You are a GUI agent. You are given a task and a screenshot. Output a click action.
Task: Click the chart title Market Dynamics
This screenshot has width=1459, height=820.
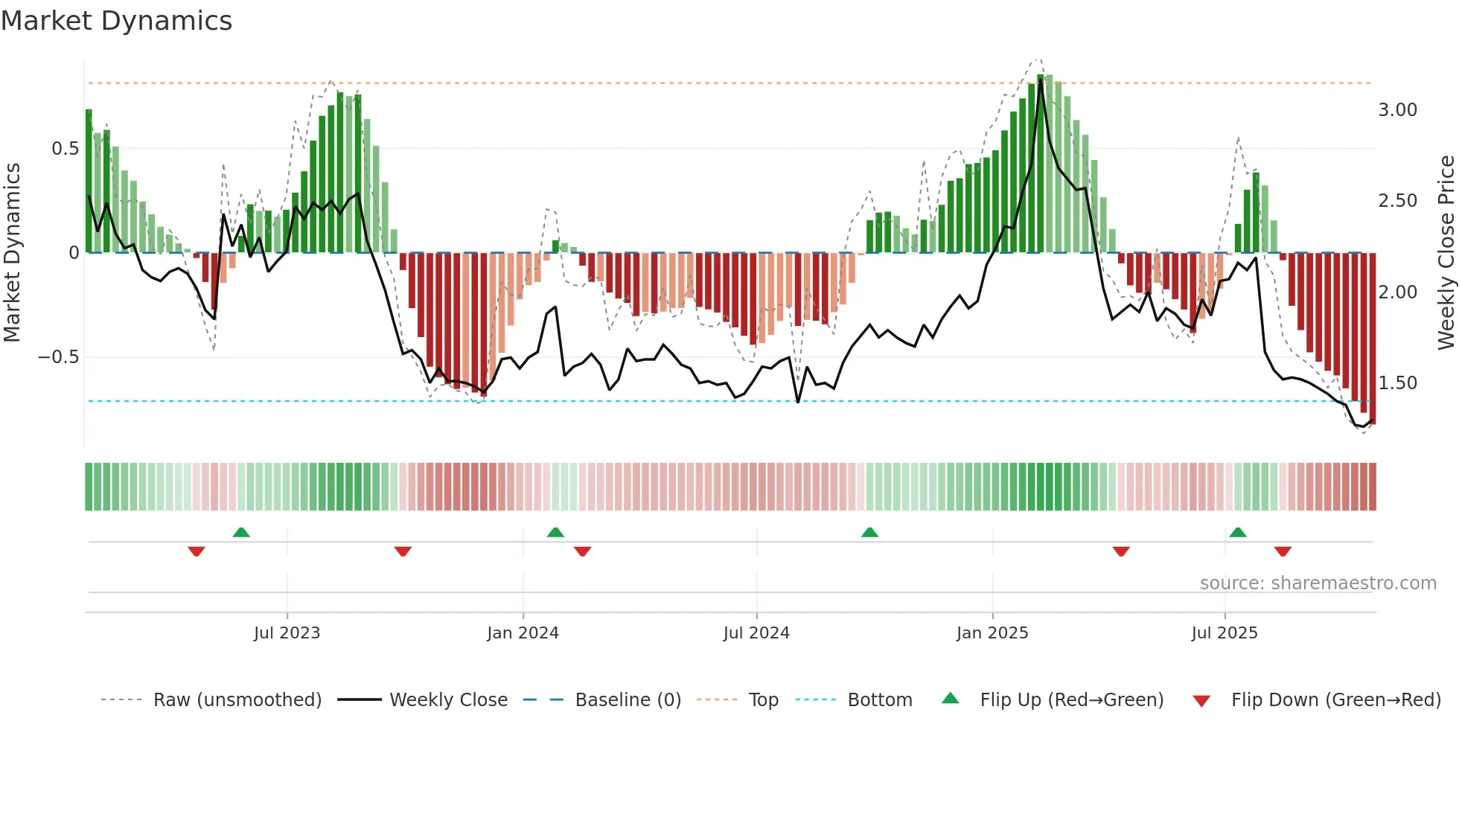click(117, 21)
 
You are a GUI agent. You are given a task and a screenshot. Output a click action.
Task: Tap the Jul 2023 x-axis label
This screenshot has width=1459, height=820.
click(287, 633)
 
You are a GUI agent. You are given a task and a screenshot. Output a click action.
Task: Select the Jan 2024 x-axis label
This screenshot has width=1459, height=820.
click(523, 633)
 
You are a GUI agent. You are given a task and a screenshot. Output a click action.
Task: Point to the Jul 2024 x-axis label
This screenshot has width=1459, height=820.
click(756, 633)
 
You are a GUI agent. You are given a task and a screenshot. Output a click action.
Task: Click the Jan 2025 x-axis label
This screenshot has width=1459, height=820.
click(992, 633)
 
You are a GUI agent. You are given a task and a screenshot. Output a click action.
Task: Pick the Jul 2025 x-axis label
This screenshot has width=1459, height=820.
click(1225, 633)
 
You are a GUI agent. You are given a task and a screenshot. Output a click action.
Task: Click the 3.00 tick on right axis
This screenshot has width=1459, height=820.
click(1397, 110)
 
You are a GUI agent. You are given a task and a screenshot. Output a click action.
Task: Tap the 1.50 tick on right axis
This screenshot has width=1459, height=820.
click(1397, 383)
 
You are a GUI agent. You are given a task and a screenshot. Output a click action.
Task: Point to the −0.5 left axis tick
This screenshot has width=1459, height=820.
click(58, 357)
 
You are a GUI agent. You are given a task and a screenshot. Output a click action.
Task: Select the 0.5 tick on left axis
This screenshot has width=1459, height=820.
click(65, 149)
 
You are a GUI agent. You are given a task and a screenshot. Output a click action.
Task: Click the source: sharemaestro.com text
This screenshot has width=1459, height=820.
click(1318, 583)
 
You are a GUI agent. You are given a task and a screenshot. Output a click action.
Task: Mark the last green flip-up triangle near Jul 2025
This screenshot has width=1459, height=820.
click(1238, 533)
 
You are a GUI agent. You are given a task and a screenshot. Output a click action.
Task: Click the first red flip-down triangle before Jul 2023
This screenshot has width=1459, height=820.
click(197, 551)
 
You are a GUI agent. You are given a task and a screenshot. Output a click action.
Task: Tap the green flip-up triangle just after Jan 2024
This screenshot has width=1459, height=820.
click(555, 533)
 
